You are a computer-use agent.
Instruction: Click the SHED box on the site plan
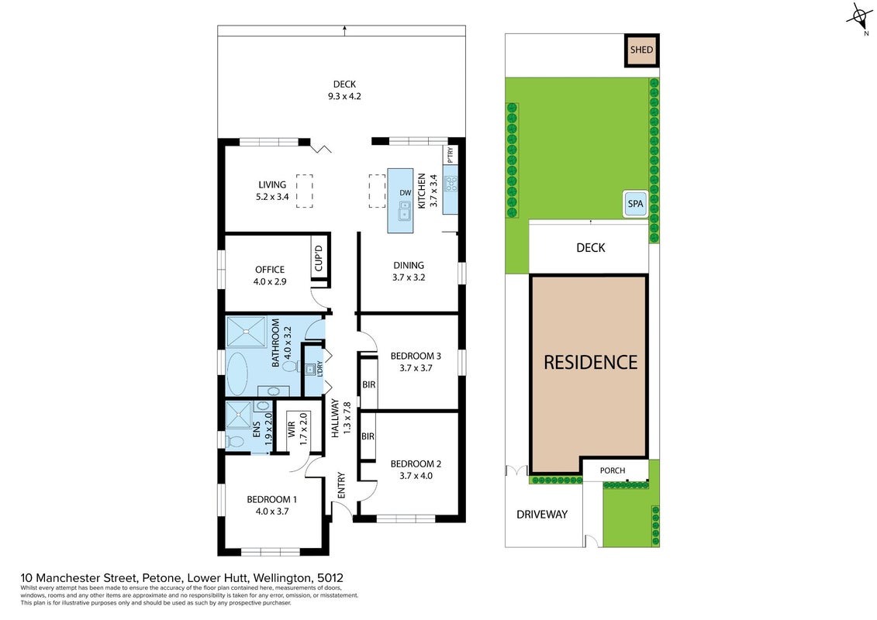point(641,50)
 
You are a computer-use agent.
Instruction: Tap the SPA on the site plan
point(635,204)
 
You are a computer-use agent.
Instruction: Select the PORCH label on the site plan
point(613,470)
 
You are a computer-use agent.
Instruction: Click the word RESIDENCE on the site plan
point(591,362)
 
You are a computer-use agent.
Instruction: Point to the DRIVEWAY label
point(542,515)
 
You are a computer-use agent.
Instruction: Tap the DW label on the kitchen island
point(405,193)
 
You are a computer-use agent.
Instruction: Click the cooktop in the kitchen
point(451,184)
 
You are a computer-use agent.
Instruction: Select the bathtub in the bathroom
point(237,374)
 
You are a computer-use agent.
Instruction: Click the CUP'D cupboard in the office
point(319,259)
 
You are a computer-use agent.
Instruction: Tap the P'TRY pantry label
point(451,155)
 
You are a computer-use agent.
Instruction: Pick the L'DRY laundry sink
point(310,370)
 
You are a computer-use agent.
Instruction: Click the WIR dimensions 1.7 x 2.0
point(303,429)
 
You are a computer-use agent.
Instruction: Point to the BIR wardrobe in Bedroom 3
point(368,384)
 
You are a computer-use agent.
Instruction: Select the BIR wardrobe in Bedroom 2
point(368,436)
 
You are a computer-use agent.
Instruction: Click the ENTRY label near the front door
point(341,485)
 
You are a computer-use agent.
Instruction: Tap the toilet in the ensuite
point(236,442)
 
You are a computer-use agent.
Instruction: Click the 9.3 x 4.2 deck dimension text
point(344,96)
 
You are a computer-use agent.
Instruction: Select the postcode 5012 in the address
point(330,578)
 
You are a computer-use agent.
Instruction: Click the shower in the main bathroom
point(247,332)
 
